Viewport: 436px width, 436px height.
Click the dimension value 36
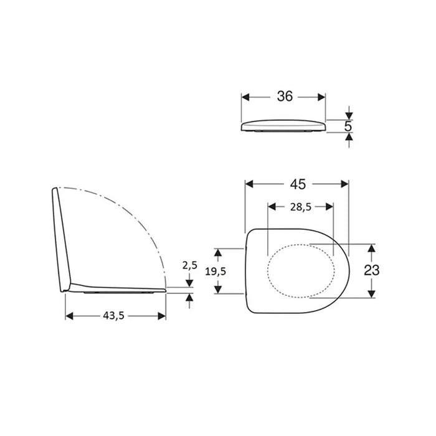(x=285, y=96)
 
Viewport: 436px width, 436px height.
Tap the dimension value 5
(x=348, y=126)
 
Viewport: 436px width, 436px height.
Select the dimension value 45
(x=298, y=184)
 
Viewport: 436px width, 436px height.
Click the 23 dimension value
(x=372, y=270)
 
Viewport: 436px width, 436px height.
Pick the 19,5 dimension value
(x=216, y=272)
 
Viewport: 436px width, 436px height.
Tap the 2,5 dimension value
(x=190, y=265)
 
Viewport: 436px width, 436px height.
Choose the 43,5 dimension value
(x=114, y=316)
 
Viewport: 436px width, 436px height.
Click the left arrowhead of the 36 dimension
(x=245, y=97)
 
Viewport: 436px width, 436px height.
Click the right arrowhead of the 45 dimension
(x=345, y=184)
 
